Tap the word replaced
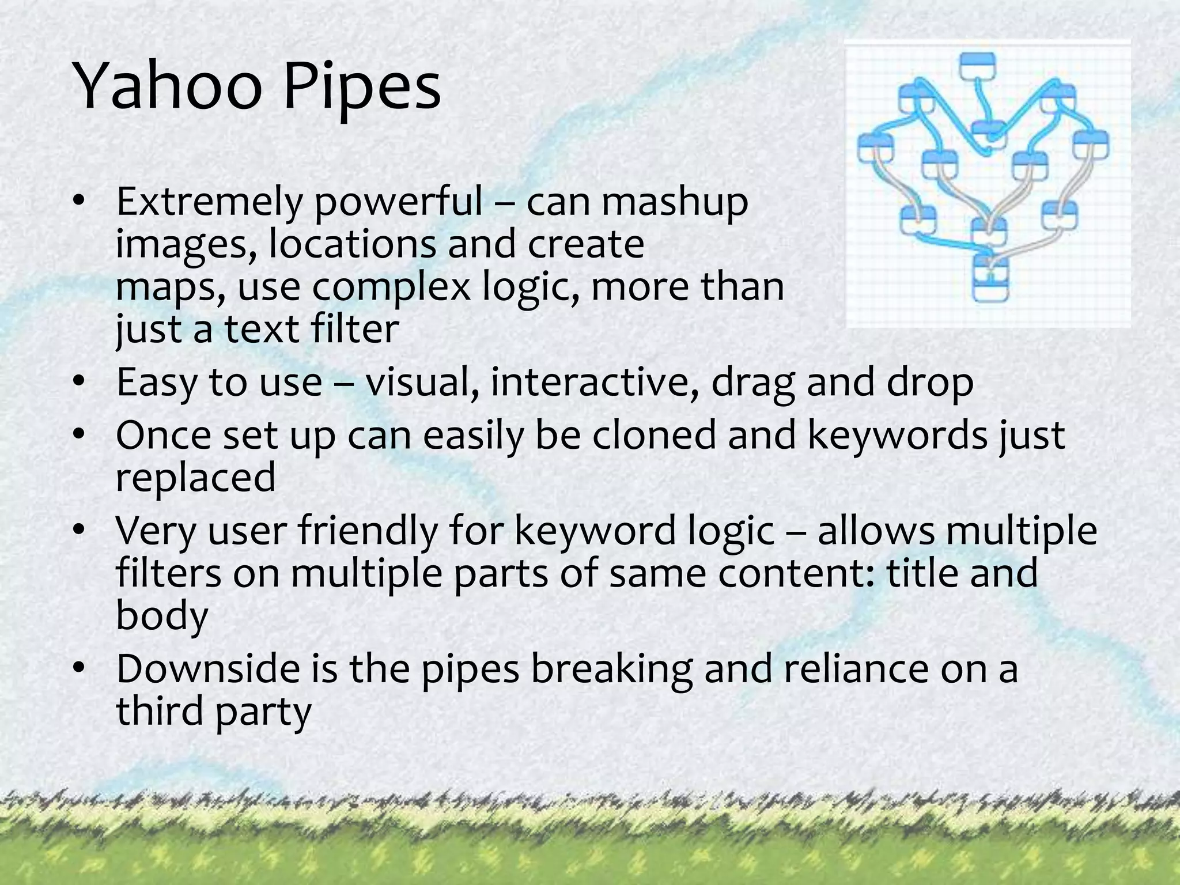tap(196, 478)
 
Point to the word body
tap(162, 615)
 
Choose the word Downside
tap(208, 668)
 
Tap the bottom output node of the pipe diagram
tap(990, 279)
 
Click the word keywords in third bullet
tap(897, 435)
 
